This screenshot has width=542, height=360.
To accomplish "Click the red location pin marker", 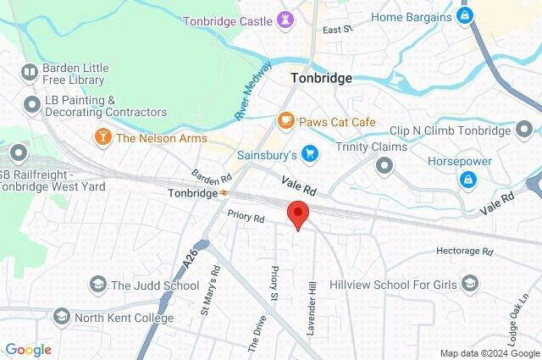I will [296, 214].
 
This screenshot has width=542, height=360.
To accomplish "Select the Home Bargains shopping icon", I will [464, 15].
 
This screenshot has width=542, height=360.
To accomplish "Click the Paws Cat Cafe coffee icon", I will [286, 122].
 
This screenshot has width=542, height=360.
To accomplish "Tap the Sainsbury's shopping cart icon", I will [310, 154].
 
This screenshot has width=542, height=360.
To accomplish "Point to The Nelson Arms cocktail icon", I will [102, 137].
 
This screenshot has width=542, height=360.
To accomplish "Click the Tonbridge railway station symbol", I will [224, 193].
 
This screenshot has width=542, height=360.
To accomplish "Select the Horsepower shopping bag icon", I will [466, 179].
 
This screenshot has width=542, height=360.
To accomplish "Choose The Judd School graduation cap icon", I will [98, 285].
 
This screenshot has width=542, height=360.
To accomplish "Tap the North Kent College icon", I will [61, 317].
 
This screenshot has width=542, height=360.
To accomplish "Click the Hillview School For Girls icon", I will [470, 283].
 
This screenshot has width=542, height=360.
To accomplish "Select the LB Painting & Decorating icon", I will [32, 104].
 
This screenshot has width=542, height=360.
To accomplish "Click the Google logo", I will [28, 350].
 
